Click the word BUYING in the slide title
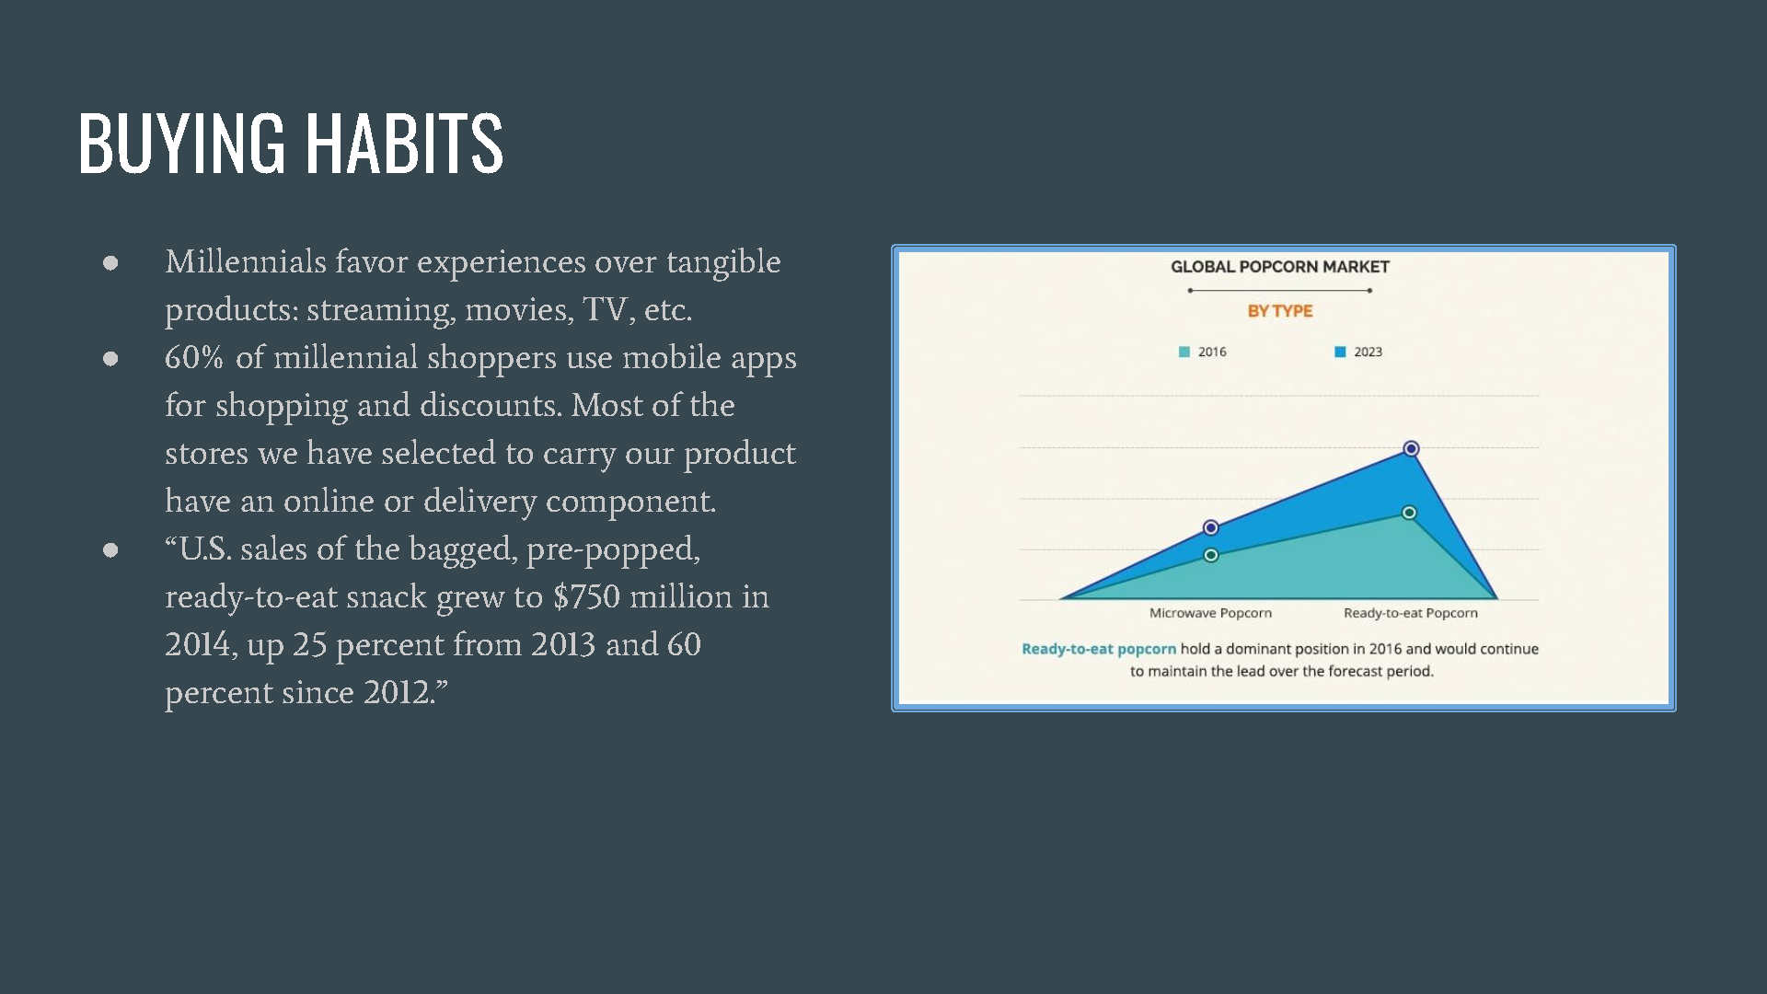182,143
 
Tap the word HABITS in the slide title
404,143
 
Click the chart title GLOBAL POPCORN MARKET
1279,267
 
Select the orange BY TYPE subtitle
1280,311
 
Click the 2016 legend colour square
1184,352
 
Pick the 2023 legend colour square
1340,352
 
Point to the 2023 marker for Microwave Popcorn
1211,527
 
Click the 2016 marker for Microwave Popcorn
1211,555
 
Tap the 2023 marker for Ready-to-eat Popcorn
1411,448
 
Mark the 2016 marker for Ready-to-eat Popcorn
1409,513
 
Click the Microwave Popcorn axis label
1210,613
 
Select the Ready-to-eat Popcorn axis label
1410,613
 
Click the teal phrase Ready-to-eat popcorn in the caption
1099,649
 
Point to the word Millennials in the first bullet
246,262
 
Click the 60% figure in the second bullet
193,357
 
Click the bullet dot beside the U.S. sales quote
110,550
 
